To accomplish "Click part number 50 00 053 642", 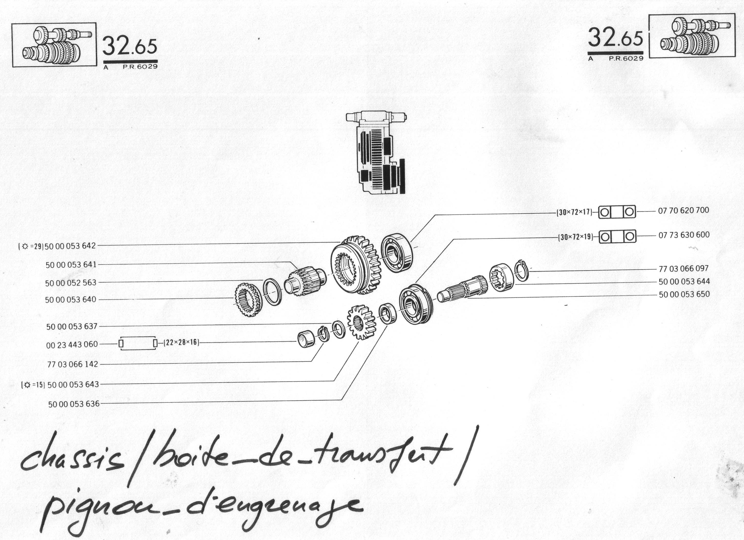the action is (70, 246).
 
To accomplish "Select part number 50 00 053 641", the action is (71, 265).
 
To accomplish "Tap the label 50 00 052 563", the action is (71, 282).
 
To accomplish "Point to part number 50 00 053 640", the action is (71, 300).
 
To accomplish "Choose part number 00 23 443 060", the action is (72, 345).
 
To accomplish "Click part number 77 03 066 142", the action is (73, 364).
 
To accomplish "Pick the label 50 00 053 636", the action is (74, 404).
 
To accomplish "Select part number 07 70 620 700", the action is (684, 210).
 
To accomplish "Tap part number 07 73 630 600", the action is (684, 235).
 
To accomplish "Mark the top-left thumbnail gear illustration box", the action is (54, 45).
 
